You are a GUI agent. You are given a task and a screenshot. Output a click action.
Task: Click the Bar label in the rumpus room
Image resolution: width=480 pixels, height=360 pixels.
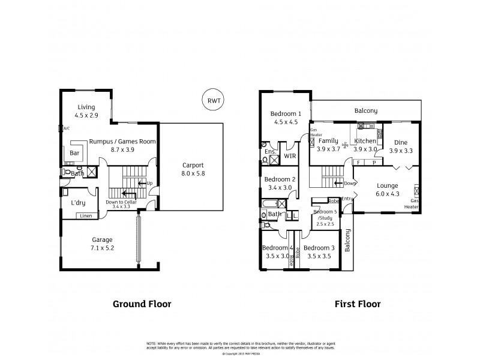[x=76, y=154]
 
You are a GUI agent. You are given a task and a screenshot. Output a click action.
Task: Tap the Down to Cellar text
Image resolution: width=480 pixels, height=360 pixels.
[x=121, y=202]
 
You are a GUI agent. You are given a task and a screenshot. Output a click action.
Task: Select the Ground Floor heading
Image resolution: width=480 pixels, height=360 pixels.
[x=142, y=304]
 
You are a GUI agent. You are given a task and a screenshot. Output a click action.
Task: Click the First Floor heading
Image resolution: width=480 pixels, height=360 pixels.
[x=357, y=304]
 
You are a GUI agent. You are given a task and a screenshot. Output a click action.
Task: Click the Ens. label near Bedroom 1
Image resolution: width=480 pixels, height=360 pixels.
[x=270, y=152]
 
